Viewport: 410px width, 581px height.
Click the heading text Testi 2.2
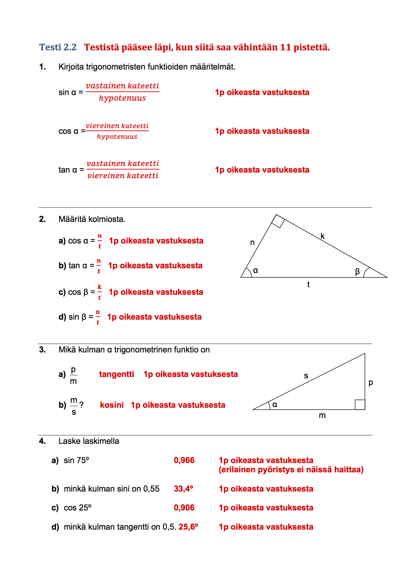tap(58, 47)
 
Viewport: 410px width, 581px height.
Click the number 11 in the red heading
tap(285, 47)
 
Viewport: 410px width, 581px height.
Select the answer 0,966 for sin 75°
tap(184, 460)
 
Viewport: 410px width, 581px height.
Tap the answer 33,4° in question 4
tap(183, 489)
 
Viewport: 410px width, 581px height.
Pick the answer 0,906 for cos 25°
tap(184, 507)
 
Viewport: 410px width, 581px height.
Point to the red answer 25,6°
tap(188, 527)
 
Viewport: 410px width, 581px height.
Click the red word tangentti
tap(116, 374)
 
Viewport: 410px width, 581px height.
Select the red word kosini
tap(112, 405)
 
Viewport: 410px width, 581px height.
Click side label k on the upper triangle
tap(323, 236)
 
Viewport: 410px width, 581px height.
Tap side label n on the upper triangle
tap(252, 243)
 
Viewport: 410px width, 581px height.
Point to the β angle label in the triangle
tap(357, 272)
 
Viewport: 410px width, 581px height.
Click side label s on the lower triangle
tap(306, 376)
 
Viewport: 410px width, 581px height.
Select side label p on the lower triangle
tap(371, 383)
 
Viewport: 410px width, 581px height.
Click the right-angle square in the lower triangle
tap(360, 404)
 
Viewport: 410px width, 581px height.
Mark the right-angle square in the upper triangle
tap(278, 221)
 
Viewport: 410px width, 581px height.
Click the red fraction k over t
tap(99, 292)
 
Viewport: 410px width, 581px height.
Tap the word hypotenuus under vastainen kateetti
tap(122, 98)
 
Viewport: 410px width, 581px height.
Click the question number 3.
tap(42, 350)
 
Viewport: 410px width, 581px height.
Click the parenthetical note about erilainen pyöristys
tap(291, 470)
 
